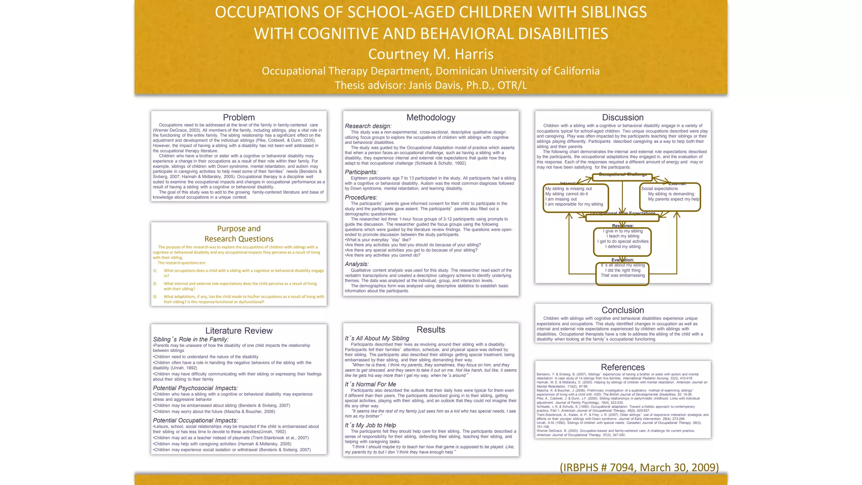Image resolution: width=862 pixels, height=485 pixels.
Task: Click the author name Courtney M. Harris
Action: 431,54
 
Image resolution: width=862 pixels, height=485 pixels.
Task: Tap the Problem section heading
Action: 239,117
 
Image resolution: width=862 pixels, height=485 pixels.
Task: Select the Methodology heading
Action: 431,117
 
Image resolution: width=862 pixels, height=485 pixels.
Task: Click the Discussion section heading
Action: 623,117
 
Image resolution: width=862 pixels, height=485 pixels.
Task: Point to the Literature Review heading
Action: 239,330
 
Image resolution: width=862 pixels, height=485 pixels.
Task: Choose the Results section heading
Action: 431,330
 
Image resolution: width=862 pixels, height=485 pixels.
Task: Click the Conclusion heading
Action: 623,310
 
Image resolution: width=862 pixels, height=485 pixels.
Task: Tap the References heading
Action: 623,367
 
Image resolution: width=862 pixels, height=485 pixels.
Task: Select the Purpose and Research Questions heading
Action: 239,234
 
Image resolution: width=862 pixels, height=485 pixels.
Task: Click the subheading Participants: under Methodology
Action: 361,172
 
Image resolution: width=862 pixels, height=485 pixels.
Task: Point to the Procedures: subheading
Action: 361,197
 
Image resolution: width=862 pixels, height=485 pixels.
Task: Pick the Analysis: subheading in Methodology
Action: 357,264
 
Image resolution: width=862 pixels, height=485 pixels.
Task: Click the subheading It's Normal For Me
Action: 370,384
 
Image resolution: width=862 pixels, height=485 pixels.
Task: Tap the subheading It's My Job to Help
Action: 370,425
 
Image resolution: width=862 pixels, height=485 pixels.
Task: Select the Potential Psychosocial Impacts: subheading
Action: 195,388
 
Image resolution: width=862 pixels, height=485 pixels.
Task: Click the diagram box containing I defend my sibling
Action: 622,242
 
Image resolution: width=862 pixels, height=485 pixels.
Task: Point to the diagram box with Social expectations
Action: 670,197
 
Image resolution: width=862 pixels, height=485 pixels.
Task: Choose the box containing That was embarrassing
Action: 622,274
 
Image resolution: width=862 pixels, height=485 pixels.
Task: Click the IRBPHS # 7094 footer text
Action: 639,467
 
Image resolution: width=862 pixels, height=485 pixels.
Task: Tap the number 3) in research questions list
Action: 154,296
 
